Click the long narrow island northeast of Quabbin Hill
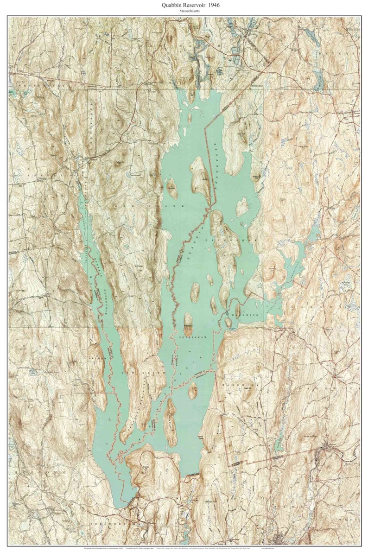point(170,422)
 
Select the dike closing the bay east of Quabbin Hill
point(194,474)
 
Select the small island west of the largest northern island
point(172,187)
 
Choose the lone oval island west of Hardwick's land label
point(193,391)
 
